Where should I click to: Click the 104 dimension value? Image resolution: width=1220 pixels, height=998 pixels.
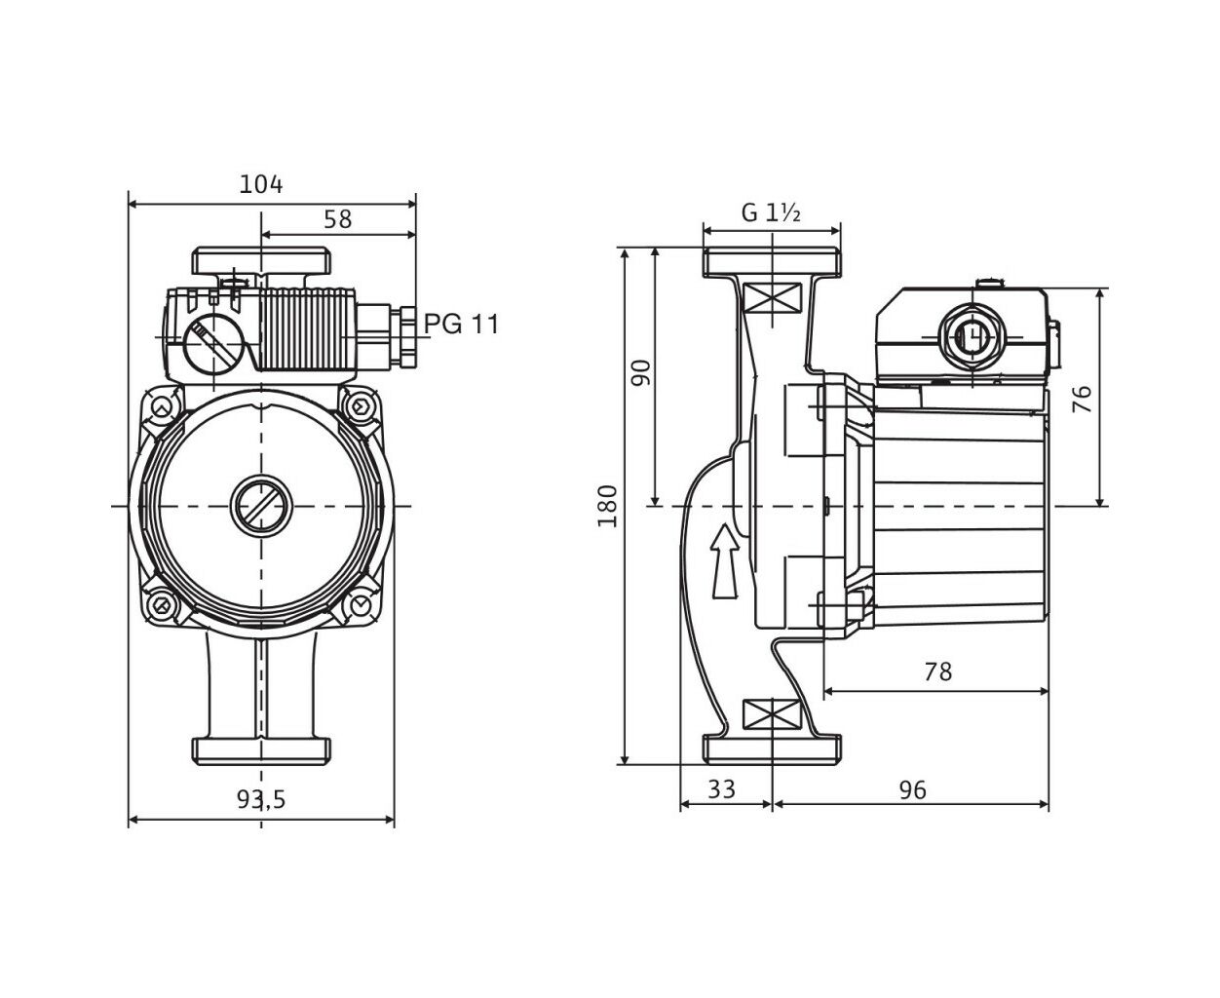click(261, 184)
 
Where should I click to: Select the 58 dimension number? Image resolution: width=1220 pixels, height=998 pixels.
click(338, 219)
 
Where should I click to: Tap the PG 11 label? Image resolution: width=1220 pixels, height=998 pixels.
click(461, 324)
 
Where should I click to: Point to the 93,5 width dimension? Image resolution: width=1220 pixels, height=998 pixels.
click(261, 799)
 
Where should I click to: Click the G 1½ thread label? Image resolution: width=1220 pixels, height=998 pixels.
click(771, 213)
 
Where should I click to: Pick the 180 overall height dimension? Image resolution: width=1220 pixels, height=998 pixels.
click(607, 506)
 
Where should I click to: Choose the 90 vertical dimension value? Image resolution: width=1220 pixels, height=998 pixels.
click(641, 372)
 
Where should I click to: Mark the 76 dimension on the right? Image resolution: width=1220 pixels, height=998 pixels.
click(1082, 399)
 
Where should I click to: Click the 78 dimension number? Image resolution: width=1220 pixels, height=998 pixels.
click(937, 672)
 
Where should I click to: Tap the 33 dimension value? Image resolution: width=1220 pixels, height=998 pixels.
click(721, 789)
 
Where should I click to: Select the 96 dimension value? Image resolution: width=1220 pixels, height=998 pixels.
click(913, 790)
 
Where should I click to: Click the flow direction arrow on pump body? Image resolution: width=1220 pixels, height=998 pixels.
click(724, 560)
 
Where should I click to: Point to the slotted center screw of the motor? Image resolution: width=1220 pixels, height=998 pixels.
click(261, 506)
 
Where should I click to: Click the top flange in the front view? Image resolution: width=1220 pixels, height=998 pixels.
click(261, 261)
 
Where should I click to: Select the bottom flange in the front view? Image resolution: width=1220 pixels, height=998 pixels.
click(261, 751)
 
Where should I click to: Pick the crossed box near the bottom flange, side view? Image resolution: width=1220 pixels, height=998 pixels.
click(772, 714)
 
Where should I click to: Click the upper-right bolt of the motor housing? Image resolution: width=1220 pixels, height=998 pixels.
click(361, 406)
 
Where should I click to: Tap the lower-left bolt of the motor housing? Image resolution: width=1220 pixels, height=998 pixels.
click(162, 606)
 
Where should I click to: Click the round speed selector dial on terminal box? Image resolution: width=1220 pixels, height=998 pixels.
click(212, 344)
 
